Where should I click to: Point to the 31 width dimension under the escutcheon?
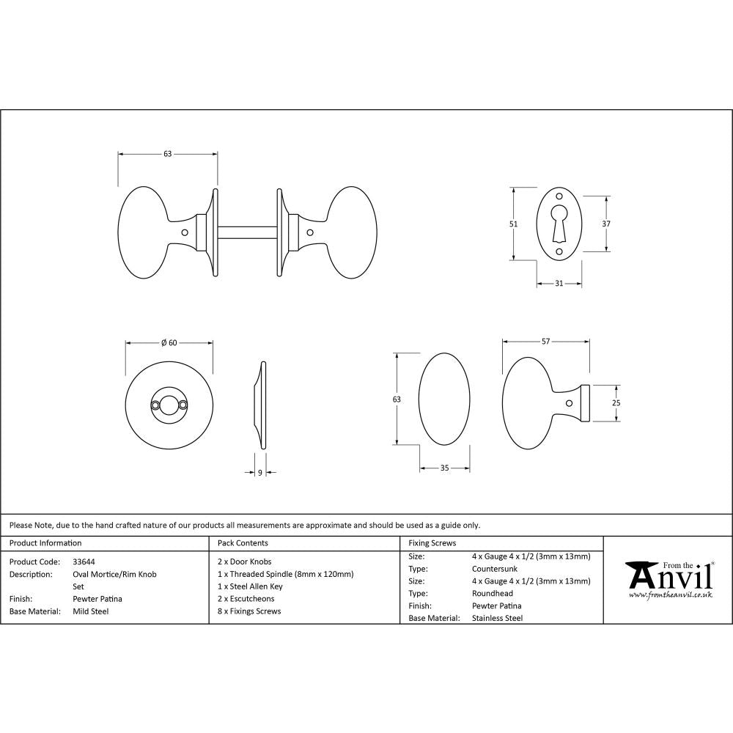click(x=559, y=284)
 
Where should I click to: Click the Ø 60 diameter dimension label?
click(x=169, y=342)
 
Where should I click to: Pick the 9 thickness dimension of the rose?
click(x=260, y=473)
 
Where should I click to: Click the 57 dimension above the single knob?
click(x=545, y=342)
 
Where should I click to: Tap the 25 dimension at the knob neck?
click(x=616, y=403)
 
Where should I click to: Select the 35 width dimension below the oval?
click(x=444, y=468)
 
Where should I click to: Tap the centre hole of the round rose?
click(x=169, y=404)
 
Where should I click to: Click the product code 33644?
click(x=84, y=561)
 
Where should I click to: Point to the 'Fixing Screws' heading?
click(x=432, y=543)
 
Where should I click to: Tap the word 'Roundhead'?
click(x=493, y=593)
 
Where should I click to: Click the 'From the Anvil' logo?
click(x=668, y=578)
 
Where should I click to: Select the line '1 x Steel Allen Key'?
click(x=250, y=586)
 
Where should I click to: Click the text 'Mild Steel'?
click(x=91, y=611)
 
